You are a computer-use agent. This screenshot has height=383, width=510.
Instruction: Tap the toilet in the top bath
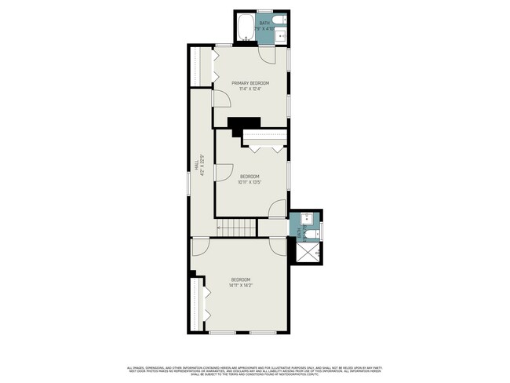point(282,20)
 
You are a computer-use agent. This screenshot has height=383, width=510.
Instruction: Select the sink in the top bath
point(283,35)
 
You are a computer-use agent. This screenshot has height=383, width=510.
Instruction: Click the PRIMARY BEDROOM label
point(250,83)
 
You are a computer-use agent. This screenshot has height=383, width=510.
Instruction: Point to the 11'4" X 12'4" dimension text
point(250,89)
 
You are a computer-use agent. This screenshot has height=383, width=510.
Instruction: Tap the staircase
point(236,228)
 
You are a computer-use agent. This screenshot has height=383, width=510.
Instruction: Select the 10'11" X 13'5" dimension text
point(250,182)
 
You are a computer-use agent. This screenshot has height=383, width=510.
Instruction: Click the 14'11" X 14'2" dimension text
point(240,286)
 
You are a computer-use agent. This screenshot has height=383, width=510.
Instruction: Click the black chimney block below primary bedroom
point(245,123)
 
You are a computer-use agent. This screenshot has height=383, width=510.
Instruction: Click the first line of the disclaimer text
point(255,367)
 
